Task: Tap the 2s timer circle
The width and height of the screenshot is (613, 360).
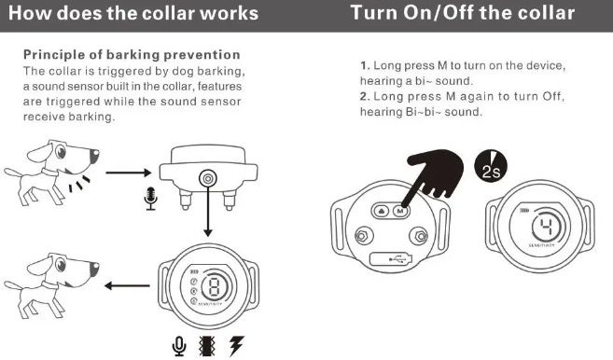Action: click(x=494, y=165)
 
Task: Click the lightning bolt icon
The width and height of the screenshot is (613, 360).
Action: click(x=236, y=346)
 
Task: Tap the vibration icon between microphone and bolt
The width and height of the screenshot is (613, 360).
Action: click(x=207, y=346)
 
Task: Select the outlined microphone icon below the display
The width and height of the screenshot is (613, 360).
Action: click(x=179, y=346)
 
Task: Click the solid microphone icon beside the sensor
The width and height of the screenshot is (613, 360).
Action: click(x=148, y=198)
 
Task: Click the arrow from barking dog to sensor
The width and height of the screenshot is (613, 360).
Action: click(x=128, y=173)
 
